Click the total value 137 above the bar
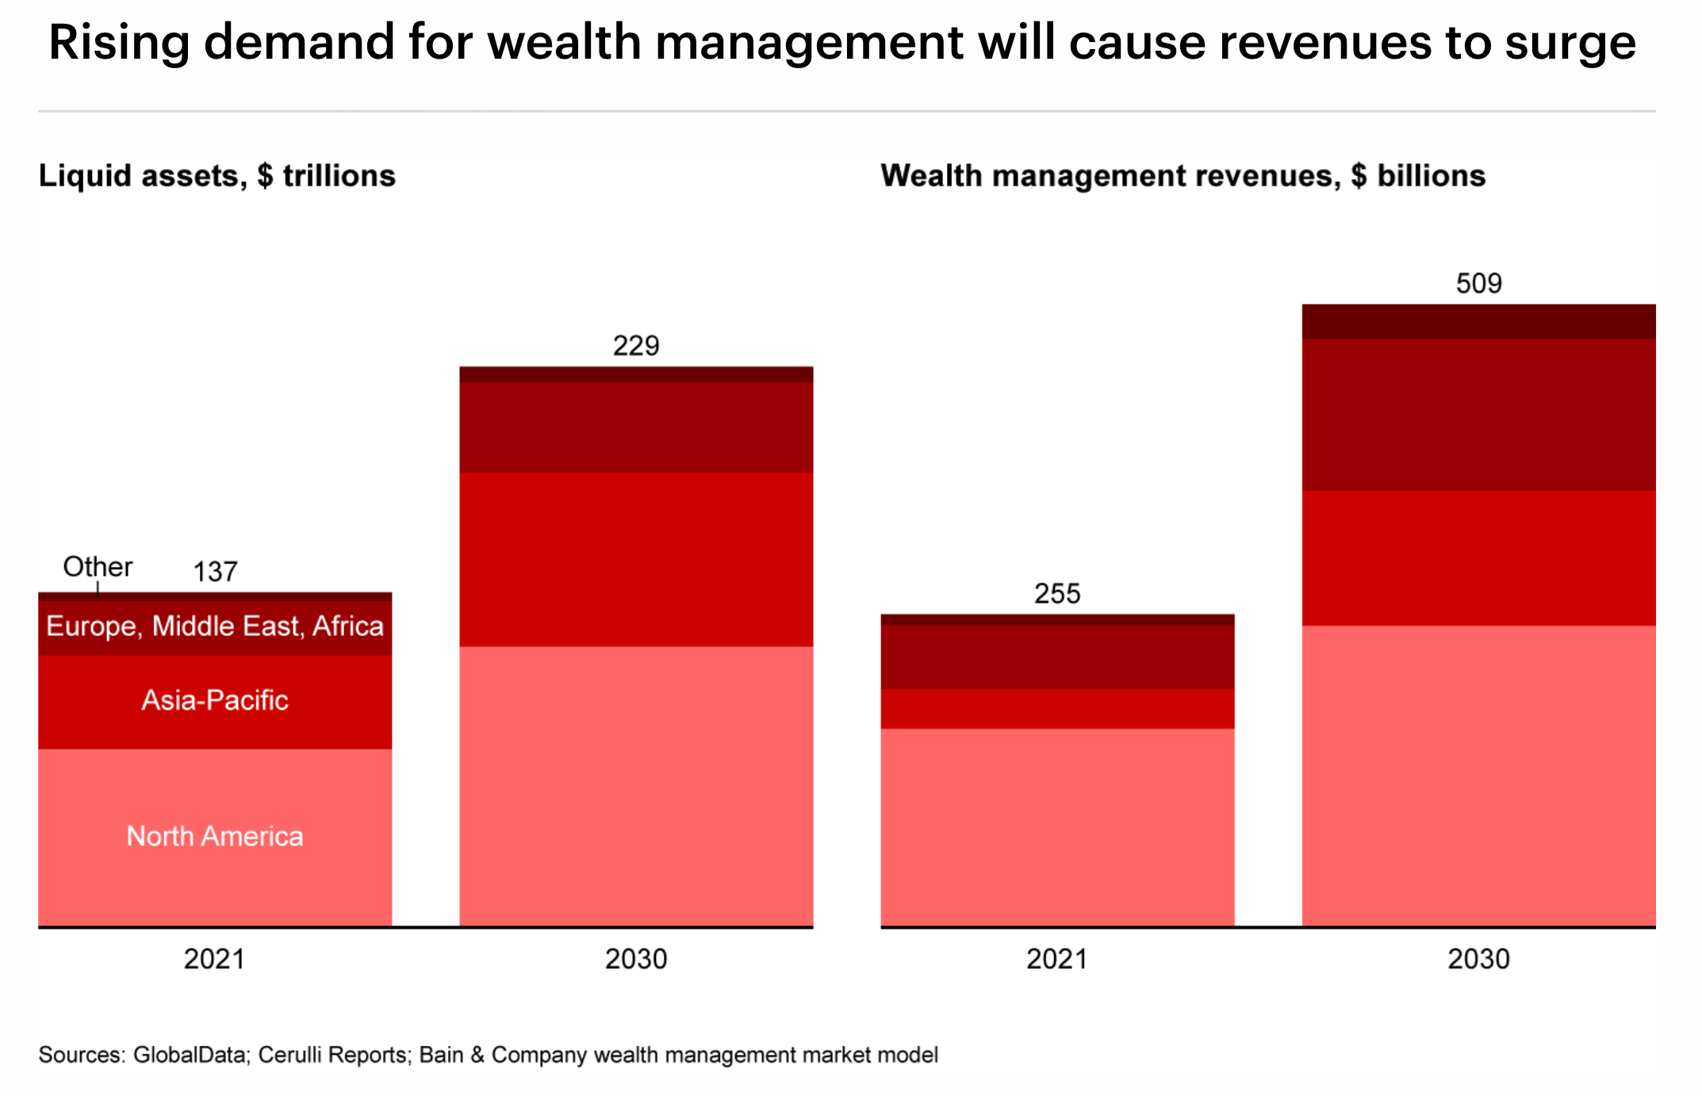point(215,572)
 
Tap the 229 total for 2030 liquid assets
point(636,346)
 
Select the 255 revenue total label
point(1057,594)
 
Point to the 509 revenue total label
point(1478,284)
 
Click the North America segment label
point(215,837)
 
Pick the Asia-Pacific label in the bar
point(215,700)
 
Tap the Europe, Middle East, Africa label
point(215,627)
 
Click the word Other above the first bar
point(98,567)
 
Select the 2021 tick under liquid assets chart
point(214,960)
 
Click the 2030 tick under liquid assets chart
point(636,960)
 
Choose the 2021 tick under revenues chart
point(1056,960)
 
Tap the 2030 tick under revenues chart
point(1478,960)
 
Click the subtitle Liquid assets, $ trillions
point(217,176)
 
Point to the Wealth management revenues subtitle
point(1183,176)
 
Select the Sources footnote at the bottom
point(488,1056)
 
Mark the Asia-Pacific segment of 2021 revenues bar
point(1057,709)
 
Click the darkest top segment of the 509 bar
point(1478,322)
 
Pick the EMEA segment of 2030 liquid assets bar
point(636,427)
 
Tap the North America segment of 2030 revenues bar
point(1478,776)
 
